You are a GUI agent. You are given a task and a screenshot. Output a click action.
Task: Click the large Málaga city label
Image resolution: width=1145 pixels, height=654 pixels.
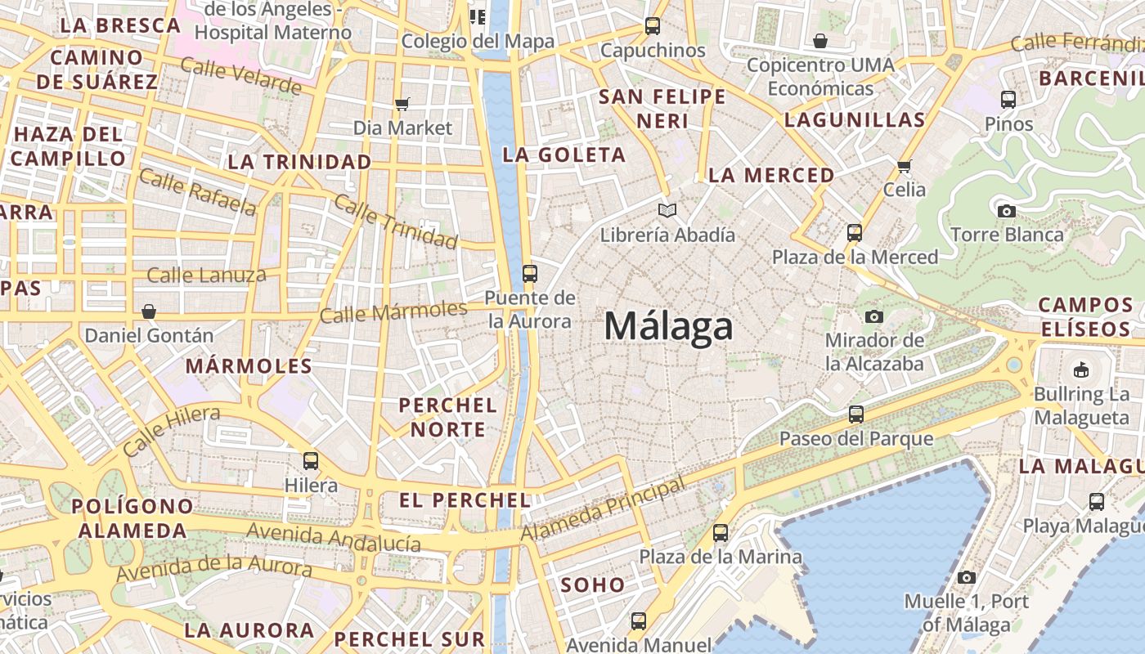[x=668, y=327]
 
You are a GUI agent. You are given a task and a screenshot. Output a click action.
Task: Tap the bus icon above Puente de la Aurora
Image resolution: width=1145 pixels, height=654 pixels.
[x=530, y=274]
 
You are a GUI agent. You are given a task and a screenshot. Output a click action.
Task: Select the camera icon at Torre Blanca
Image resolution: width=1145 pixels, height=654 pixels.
[x=1007, y=211]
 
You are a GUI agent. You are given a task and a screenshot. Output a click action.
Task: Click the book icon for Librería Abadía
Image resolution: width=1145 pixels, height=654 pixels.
[x=667, y=211]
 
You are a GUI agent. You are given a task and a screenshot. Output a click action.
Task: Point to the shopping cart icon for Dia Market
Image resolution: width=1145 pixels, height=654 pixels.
[x=402, y=104]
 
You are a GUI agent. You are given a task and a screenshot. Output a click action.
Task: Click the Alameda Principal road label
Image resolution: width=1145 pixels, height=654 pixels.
[x=604, y=509]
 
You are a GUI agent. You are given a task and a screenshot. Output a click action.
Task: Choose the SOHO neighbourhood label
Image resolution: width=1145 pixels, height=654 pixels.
[x=593, y=585]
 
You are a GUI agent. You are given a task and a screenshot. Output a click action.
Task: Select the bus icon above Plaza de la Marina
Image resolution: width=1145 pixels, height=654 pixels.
[x=721, y=533]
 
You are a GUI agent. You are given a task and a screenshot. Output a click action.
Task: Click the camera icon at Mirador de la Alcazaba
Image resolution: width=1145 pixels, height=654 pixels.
[x=874, y=316]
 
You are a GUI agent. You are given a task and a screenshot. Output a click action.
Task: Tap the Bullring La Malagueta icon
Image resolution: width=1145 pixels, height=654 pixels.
[x=1081, y=370]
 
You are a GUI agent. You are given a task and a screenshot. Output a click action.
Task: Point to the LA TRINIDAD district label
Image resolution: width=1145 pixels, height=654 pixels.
[x=299, y=162]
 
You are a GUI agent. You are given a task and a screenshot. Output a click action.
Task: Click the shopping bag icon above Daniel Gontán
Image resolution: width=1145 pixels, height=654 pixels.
[x=149, y=311]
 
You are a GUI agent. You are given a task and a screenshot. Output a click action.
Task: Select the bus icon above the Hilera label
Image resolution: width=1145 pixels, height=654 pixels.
[x=311, y=461]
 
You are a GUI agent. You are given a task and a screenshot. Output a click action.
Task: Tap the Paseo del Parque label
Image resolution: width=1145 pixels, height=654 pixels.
[x=855, y=439]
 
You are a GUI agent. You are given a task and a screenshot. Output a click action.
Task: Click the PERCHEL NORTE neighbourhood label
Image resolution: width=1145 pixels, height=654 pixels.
[x=448, y=417]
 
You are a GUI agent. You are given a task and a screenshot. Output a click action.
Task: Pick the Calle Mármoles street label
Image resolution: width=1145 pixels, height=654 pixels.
[x=393, y=311]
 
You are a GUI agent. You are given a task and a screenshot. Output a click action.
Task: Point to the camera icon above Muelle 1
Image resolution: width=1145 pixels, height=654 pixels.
[x=966, y=578]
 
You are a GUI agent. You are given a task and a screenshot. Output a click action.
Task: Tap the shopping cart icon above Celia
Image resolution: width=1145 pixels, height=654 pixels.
[x=905, y=166]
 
